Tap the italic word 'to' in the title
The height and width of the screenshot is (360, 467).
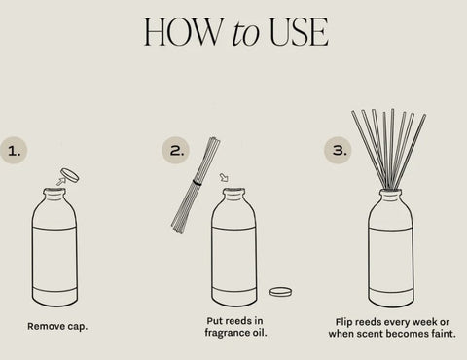(x=246, y=33)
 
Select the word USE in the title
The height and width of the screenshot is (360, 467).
(x=299, y=32)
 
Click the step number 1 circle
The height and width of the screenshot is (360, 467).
(x=14, y=151)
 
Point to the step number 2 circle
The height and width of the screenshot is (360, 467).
(x=176, y=150)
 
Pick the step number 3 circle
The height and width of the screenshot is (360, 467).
(x=339, y=150)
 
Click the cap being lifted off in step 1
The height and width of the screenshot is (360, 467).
(x=70, y=174)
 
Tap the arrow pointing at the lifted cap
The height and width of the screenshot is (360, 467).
(x=60, y=181)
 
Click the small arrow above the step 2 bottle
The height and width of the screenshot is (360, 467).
(x=224, y=177)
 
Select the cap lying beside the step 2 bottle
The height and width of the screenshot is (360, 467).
(x=280, y=292)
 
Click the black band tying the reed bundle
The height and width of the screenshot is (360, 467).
(x=197, y=183)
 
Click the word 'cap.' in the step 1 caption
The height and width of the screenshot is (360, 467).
(x=77, y=326)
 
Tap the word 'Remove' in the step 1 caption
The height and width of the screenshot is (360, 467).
(x=46, y=326)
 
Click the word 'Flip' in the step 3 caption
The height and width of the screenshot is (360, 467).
(x=343, y=322)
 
